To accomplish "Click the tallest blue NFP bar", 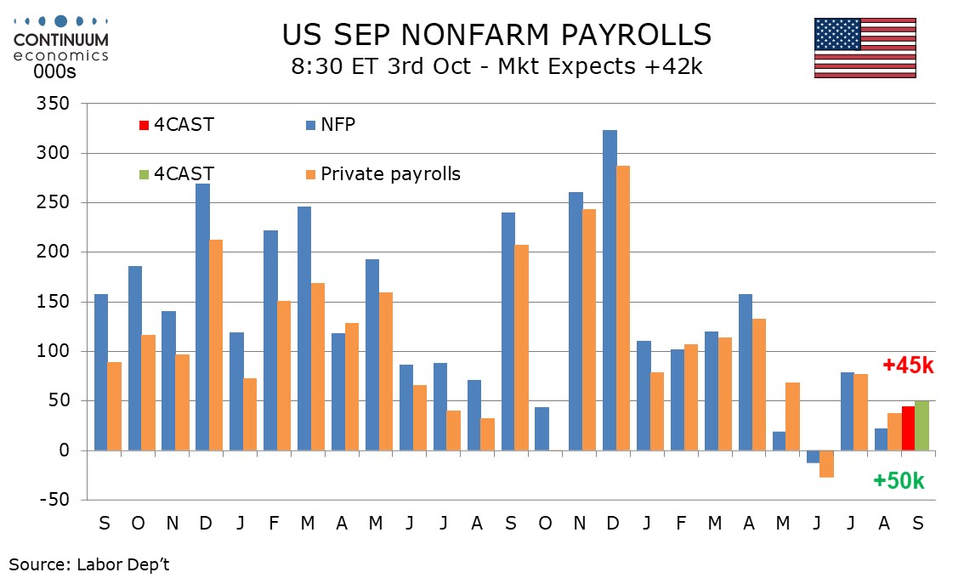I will (x=610, y=290).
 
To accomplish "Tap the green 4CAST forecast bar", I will (x=921, y=426).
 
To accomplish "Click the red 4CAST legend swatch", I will (x=144, y=126).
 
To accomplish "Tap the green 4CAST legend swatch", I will (x=144, y=175).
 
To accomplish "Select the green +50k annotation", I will (x=899, y=481).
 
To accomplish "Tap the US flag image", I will (x=865, y=48).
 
